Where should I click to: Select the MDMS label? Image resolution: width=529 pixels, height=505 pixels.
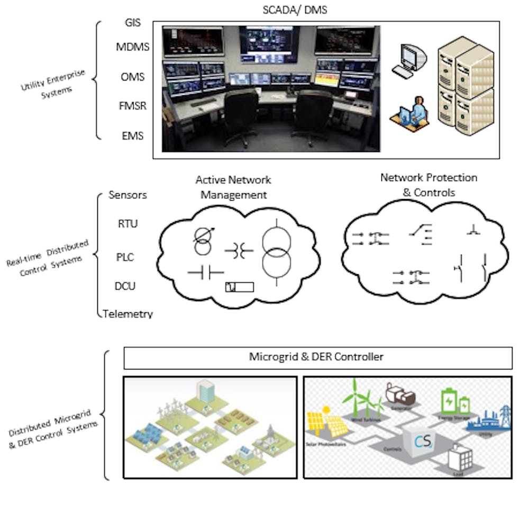133,47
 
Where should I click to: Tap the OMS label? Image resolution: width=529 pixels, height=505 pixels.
132,77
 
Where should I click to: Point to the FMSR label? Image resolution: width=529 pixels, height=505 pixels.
132,105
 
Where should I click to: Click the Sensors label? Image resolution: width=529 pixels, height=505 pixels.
127,195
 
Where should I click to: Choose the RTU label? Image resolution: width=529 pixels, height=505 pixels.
127,223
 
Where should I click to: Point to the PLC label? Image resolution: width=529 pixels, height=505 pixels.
125,257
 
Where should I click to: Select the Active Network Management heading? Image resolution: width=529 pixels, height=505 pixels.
233,187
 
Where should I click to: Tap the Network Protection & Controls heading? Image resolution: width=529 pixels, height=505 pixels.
428,185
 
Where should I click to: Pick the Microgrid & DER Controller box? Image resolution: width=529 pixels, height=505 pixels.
317,357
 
